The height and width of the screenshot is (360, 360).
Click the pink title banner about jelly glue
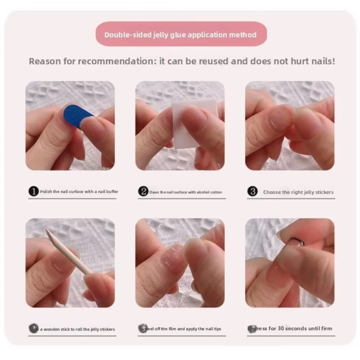pos(181,35)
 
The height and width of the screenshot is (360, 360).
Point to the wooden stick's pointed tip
pos(47,230)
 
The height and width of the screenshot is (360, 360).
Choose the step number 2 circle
pos(143,192)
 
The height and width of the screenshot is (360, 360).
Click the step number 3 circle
pos(253,192)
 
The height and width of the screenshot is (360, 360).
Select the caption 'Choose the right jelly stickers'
pos(298,192)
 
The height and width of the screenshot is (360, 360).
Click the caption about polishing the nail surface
pos(79,192)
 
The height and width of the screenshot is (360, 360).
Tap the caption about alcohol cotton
pos(185,192)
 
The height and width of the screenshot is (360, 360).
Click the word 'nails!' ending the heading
pos(324,61)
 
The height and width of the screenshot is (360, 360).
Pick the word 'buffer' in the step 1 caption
pos(112,192)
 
